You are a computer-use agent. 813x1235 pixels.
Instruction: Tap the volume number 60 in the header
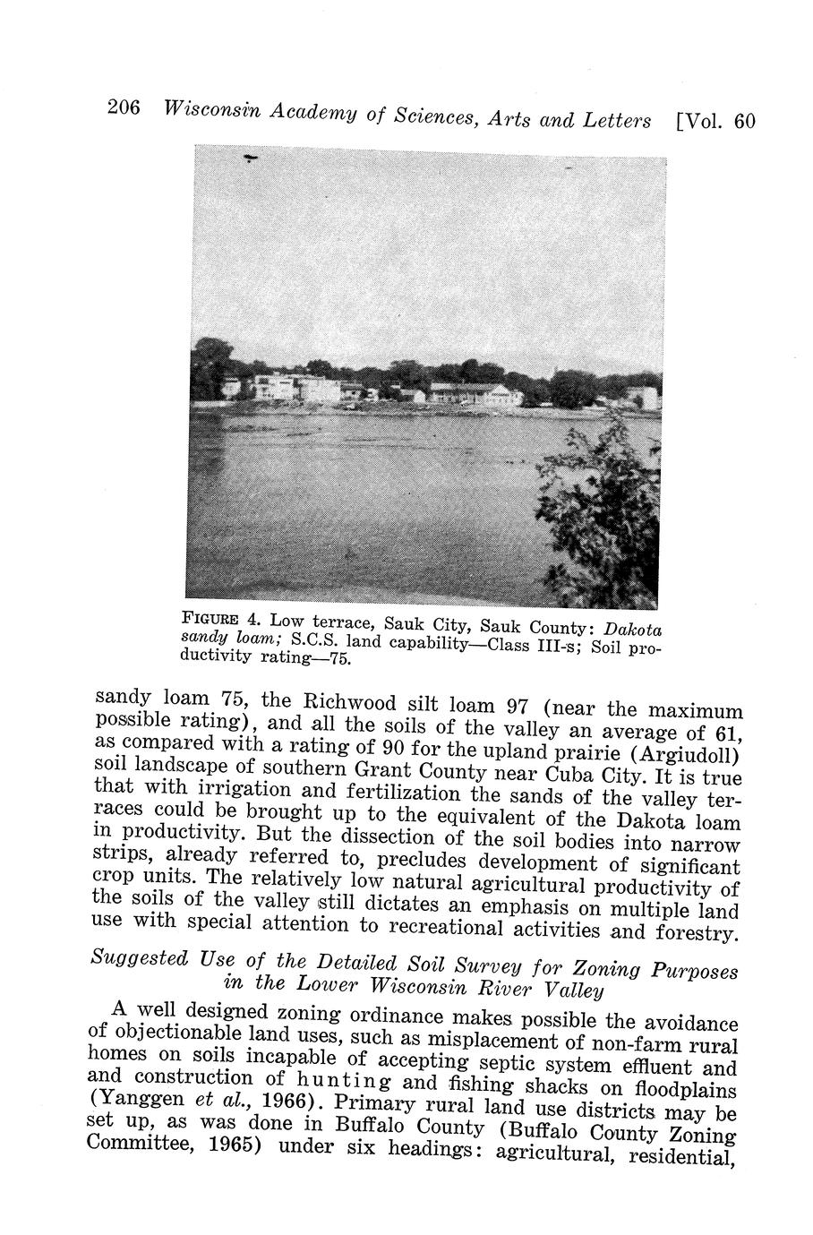[744, 121]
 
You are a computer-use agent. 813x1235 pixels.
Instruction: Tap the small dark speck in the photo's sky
[251, 159]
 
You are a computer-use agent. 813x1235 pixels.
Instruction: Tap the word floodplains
[687, 1090]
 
